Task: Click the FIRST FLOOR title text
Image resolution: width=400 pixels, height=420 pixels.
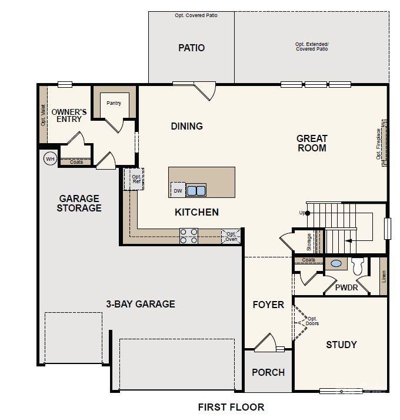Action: coord(231,407)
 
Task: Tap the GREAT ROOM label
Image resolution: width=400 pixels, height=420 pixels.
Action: coord(312,143)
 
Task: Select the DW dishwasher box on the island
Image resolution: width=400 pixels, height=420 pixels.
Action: coord(178,190)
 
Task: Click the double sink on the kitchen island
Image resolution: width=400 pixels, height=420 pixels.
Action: coord(196,190)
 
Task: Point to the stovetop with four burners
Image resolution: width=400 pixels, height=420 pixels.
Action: coord(189,236)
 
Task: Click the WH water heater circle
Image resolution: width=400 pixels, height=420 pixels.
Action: coord(49,158)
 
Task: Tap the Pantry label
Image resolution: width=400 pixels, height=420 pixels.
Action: coord(114,103)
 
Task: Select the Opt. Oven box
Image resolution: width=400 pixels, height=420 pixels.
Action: coord(231,236)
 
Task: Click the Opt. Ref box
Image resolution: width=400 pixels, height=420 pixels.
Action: coord(135,179)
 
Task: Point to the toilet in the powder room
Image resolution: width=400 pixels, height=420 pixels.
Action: coord(358,266)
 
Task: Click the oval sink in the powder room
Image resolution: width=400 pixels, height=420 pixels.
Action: coord(336,264)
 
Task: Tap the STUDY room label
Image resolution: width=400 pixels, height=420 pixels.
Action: coord(341,345)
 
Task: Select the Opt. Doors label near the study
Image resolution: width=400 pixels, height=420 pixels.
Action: coord(312,321)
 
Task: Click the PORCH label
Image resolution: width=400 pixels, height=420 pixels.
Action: coord(268,372)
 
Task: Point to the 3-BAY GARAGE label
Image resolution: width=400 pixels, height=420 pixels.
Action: coord(140,304)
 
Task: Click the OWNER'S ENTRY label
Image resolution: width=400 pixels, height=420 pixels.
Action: coord(69,115)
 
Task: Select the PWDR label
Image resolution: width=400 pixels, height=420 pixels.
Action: coord(346,288)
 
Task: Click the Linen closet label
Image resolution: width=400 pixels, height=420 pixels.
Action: coord(384,276)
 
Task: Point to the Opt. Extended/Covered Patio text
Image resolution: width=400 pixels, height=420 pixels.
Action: coord(312,47)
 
